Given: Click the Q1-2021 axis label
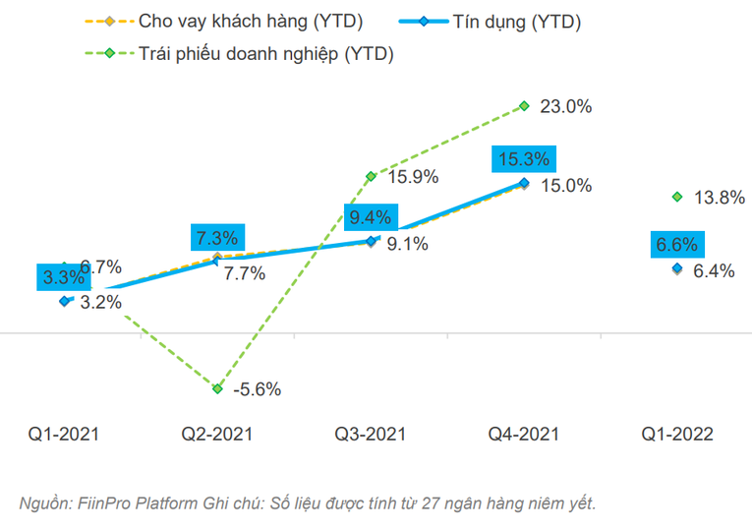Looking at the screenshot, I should [x=64, y=434].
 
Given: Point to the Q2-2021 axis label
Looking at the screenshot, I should [x=217, y=434].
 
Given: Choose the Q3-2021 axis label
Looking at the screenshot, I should [x=371, y=434].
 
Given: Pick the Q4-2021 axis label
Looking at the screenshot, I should [x=524, y=434].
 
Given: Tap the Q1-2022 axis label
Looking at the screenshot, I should [x=677, y=434].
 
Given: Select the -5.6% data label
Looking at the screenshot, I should [x=258, y=389].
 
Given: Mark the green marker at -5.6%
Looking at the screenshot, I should [x=217, y=388].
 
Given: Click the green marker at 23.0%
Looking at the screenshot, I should [x=524, y=106].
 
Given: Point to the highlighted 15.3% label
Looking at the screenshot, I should [x=524, y=159].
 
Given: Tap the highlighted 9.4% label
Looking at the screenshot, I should [x=370, y=216].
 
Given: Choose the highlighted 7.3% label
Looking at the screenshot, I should [x=217, y=237].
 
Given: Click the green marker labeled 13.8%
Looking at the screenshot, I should [x=677, y=197].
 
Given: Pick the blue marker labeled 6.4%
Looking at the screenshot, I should [x=677, y=268].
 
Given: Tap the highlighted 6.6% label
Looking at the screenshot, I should [x=677, y=245].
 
